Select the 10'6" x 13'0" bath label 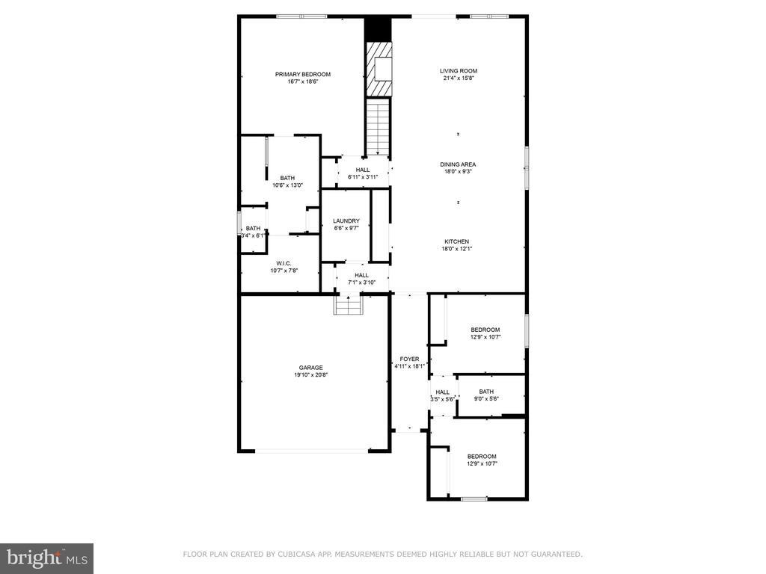tap(287, 182)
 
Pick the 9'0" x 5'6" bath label tap(486, 395)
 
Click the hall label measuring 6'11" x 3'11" tap(363, 173)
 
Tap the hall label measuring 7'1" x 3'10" tap(362, 279)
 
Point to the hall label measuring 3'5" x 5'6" tap(443, 395)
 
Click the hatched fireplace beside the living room tap(379, 68)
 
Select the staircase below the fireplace tap(378, 127)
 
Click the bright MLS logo tap(47, 558)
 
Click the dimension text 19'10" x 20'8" tap(310, 375)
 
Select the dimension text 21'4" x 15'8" tap(459, 78)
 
